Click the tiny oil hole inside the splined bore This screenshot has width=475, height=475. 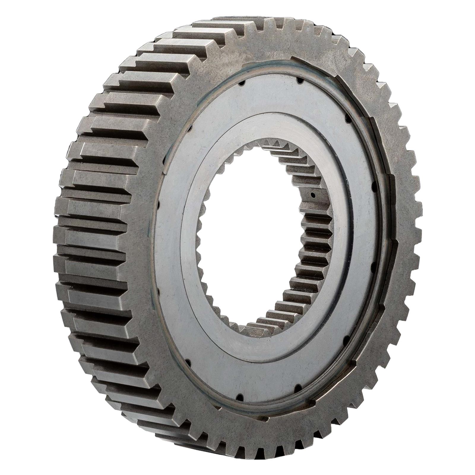(312, 195)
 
